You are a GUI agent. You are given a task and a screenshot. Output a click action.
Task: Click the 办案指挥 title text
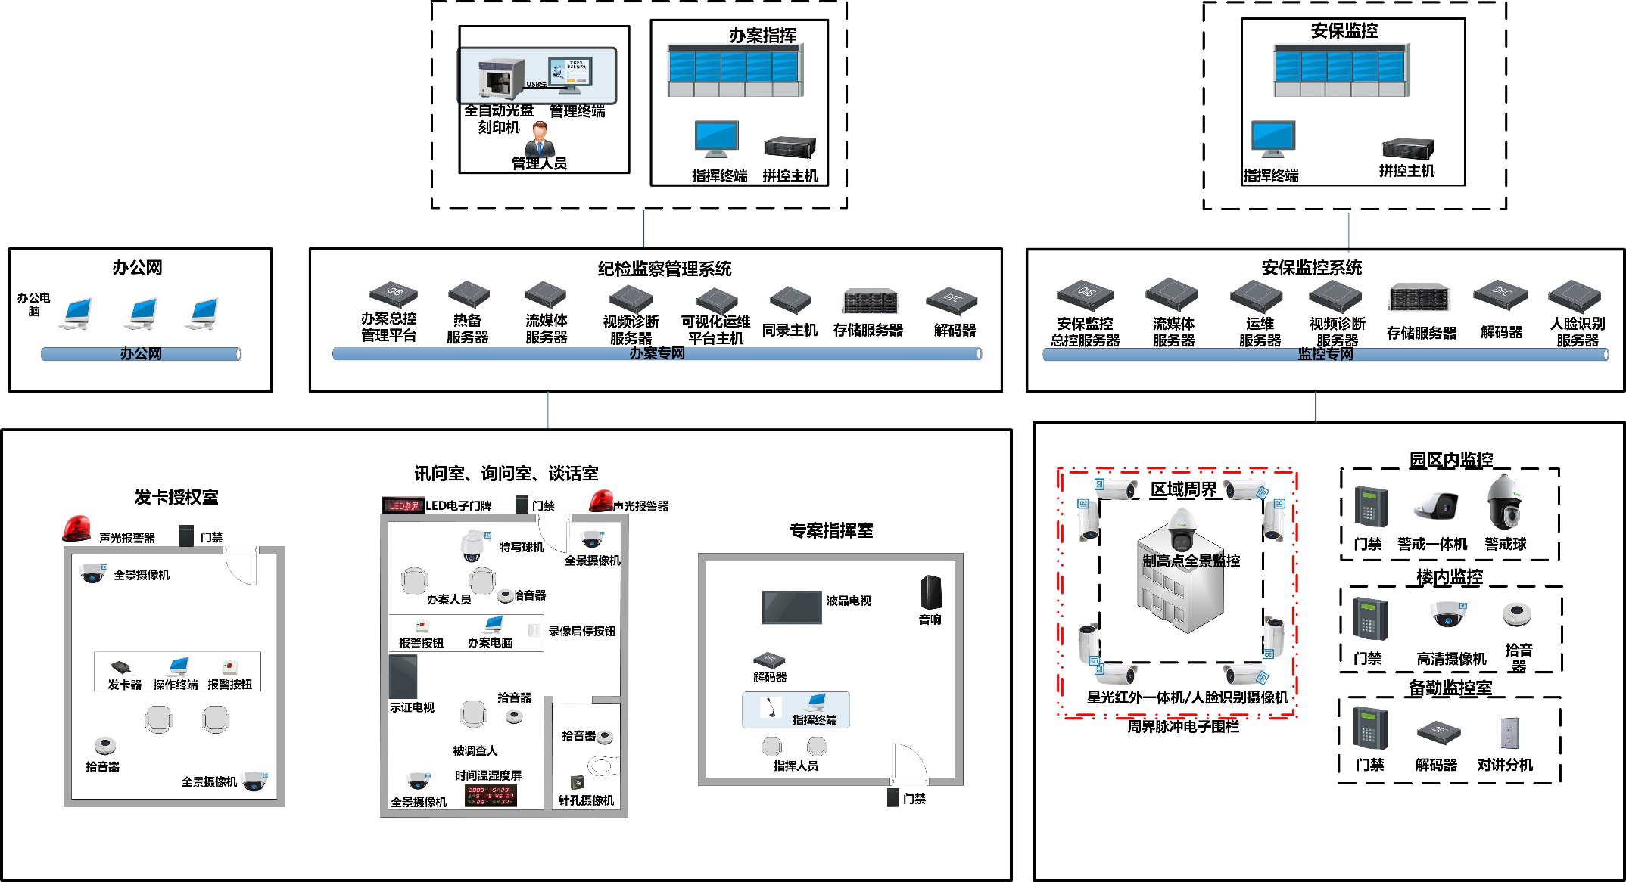click(x=762, y=36)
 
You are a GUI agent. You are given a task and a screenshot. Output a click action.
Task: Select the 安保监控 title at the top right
click(x=1344, y=31)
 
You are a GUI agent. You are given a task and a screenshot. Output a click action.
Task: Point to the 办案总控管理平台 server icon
click(x=393, y=294)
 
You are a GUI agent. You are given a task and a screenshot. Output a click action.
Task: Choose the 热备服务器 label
click(x=467, y=329)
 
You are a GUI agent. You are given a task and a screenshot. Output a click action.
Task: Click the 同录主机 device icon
click(x=790, y=300)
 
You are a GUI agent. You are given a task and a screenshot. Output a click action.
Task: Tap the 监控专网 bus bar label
click(x=1325, y=354)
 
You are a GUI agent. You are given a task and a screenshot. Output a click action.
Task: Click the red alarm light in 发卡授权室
click(x=76, y=529)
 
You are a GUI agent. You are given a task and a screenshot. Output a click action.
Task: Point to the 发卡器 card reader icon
click(x=122, y=667)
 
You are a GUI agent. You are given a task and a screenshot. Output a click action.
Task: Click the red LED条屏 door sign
click(x=403, y=505)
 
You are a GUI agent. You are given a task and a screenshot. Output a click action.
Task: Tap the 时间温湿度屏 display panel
click(x=490, y=794)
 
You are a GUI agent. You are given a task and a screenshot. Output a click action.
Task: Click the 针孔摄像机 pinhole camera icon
click(x=578, y=783)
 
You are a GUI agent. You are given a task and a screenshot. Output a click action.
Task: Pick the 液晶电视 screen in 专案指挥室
click(x=791, y=607)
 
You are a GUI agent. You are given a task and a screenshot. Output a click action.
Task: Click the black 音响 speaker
click(x=931, y=592)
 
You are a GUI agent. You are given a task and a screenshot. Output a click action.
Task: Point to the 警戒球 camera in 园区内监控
click(x=1503, y=503)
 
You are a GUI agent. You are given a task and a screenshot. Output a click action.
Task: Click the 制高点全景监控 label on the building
click(x=1191, y=561)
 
